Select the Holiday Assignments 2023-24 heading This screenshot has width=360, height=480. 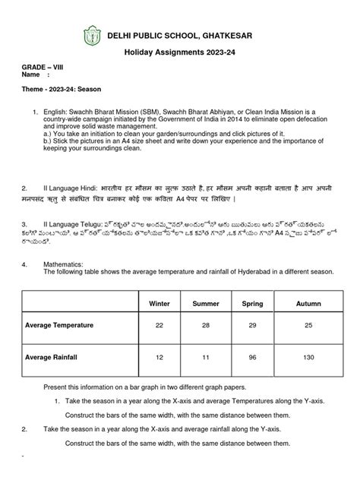(x=179, y=54)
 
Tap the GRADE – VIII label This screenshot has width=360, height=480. (x=42, y=68)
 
